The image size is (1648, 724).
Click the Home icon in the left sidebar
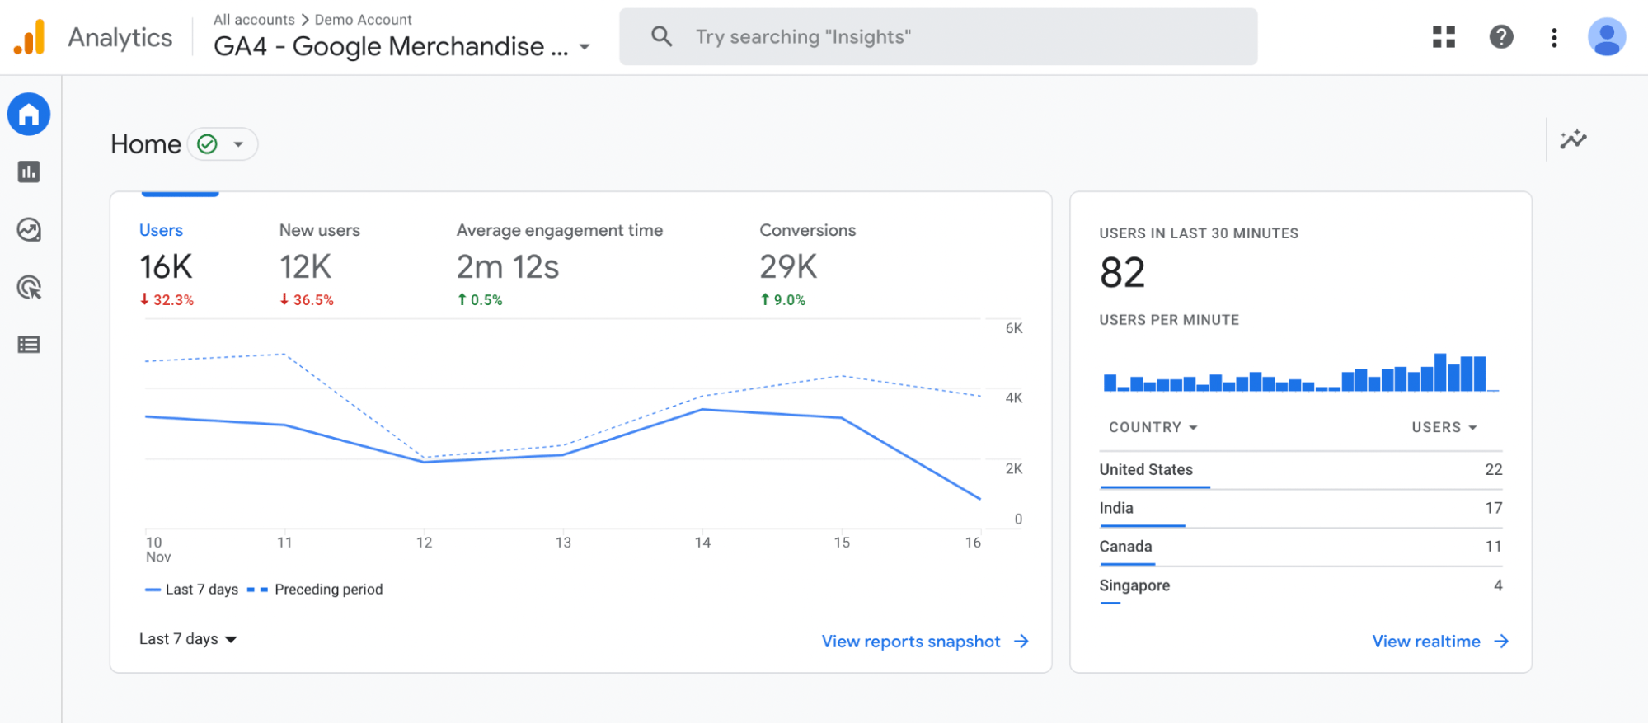[29, 114]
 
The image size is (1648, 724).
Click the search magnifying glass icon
[661, 36]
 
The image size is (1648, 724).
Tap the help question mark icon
[1500, 36]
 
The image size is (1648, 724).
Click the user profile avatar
[1606, 37]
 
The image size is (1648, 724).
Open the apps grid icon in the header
[1444, 36]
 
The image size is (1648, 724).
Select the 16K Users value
[166, 267]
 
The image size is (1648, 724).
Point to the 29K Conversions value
[787, 267]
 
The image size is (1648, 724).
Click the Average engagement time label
[559, 230]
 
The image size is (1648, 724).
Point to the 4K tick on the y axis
[1013, 398]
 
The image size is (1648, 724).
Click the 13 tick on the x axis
[563, 543]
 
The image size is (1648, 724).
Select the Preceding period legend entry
[328, 590]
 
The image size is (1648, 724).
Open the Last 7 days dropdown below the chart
[188, 639]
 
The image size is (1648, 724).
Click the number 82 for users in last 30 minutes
[1122, 273]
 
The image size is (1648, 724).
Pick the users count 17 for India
[1493, 508]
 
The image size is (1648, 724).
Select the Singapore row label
[1134, 585]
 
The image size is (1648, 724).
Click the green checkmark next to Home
[208, 144]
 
